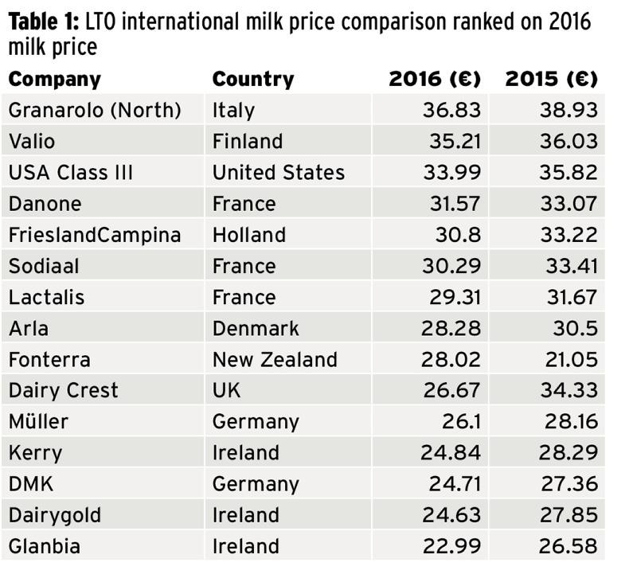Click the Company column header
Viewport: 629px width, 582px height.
(55, 80)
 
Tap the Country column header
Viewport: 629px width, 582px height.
(253, 80)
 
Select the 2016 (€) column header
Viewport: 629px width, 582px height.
(435, 80)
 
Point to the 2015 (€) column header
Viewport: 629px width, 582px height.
(551, 80)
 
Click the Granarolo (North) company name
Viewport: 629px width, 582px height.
(95, 110)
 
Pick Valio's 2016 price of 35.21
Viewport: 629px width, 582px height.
(451, 141)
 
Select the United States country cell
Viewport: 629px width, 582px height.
(278, 172)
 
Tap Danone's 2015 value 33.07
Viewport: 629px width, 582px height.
(568, 203)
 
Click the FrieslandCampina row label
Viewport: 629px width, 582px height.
(95, 235)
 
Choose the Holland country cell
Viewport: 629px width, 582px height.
(248, 235)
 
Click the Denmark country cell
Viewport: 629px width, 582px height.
(256, 328)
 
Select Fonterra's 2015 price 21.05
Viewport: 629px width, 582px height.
(568, 359)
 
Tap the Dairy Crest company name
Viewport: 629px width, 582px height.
(63, 390)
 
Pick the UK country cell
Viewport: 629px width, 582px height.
(226, 390)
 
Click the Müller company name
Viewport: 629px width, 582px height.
(40, 421)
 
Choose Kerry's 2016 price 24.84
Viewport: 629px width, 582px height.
(450, 452)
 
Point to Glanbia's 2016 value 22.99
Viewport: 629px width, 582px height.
(450, 546)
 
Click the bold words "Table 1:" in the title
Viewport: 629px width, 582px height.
(41, 21)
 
